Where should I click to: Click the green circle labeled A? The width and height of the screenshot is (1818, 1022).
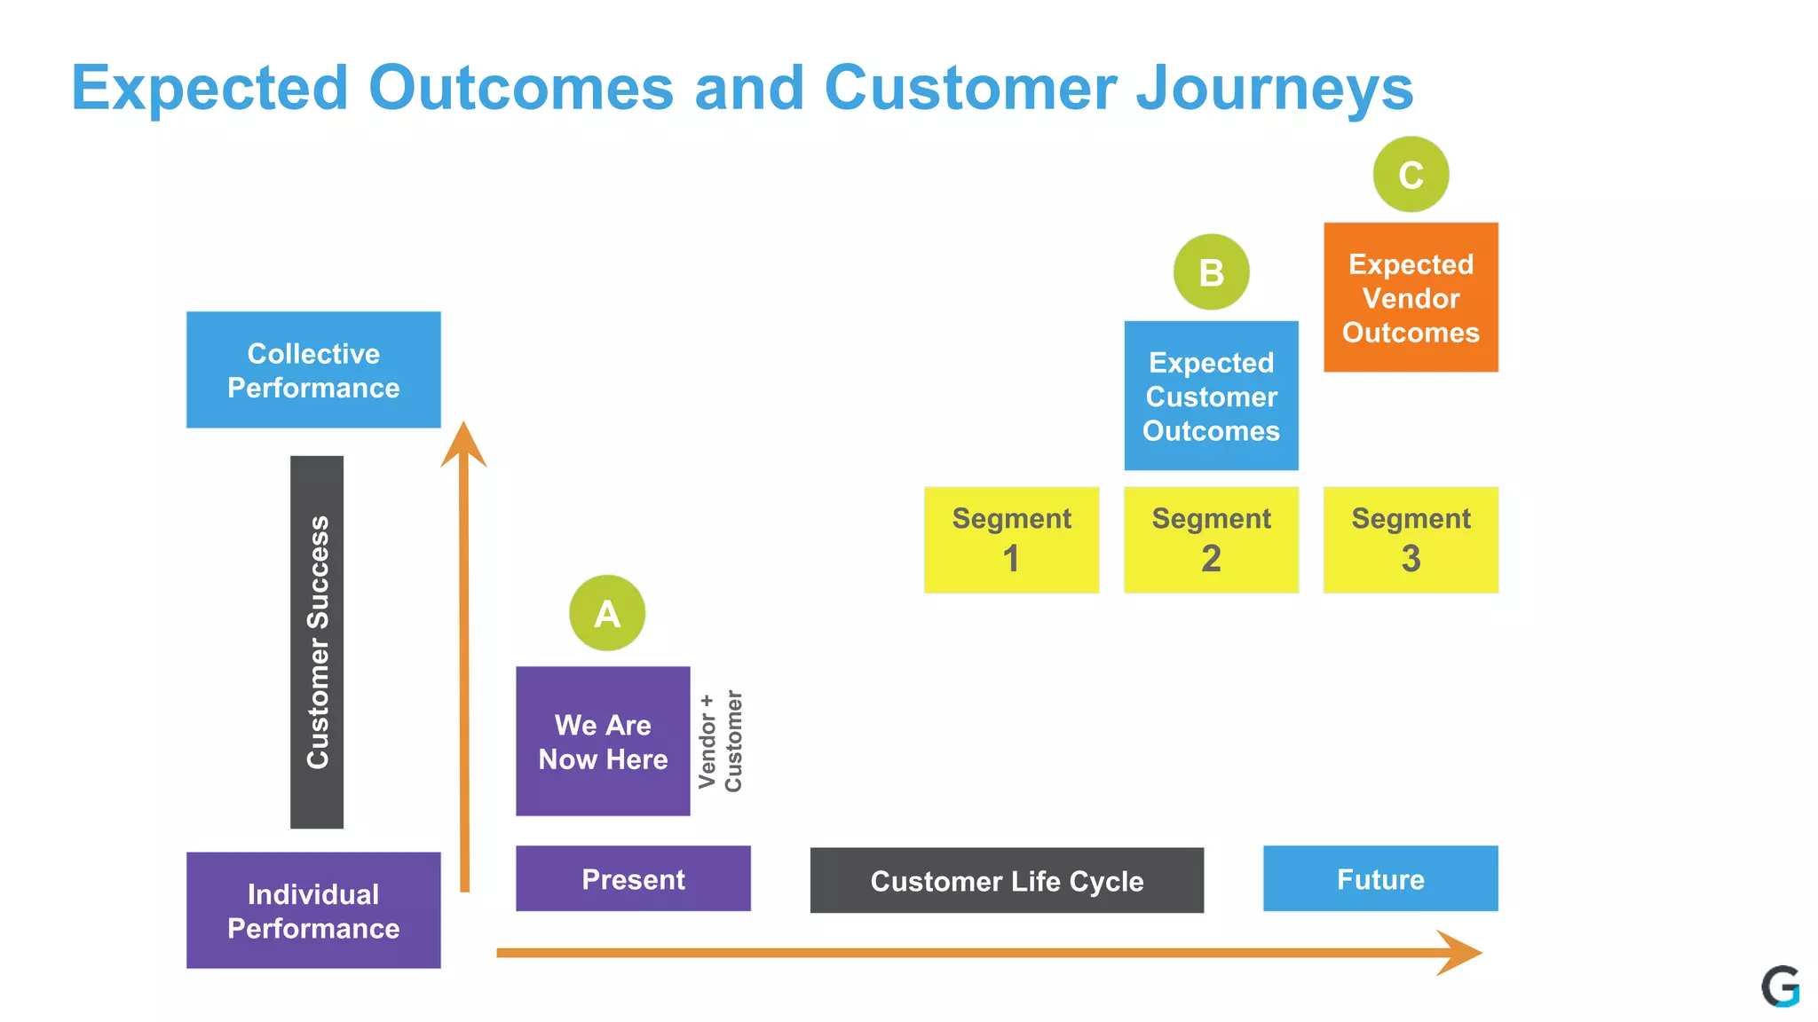click(607, 613)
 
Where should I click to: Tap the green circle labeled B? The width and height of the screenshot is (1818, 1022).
click(1211, 272)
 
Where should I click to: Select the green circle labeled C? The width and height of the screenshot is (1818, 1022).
click(1411, 175)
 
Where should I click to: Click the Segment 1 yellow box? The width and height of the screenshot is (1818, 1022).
click(1011, 539)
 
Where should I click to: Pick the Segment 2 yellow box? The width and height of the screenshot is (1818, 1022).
click(1211, 539)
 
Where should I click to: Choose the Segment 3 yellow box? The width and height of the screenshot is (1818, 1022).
click(1411, 539)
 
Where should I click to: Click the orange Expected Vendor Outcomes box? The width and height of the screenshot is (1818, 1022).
click(1411, 297)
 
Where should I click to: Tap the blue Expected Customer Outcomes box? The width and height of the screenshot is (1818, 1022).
click(1211, 396)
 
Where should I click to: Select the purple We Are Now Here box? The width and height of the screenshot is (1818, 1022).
click(603, 742)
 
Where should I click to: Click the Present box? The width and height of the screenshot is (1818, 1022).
click(633, 878)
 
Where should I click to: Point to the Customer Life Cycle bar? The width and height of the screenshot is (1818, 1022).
click(1007, 880)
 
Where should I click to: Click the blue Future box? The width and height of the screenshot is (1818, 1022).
click(1380, 878)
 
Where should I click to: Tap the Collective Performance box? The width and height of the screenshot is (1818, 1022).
click(313, 370)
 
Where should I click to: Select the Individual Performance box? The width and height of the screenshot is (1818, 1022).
click(313, 910)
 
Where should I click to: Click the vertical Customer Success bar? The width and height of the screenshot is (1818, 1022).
click(317, 642)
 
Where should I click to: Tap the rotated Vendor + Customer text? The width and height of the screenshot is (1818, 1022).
click(720, 742)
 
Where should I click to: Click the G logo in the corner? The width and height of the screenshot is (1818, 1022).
click(1781, 987)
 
